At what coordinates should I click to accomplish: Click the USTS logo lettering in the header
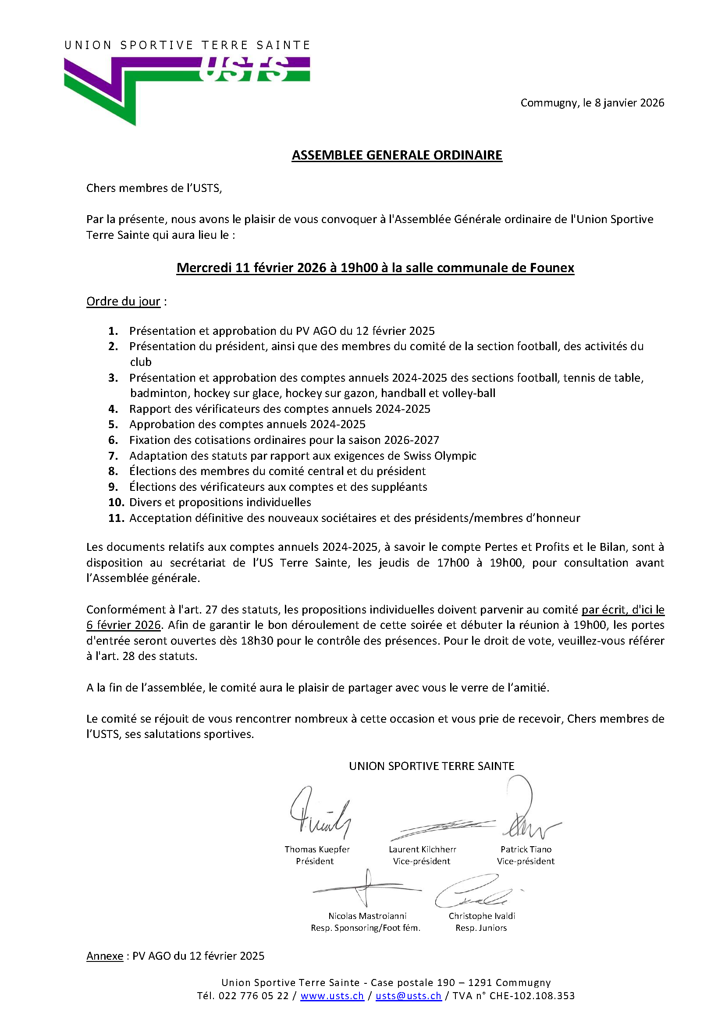243,70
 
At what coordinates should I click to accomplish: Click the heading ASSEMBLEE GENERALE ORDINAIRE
396,156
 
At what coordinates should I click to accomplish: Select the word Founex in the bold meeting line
552,268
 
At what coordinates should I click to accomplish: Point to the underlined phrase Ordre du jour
123,302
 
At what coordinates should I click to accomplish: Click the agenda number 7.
114,456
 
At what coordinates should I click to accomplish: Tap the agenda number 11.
116,518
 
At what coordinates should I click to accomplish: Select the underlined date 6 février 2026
123,625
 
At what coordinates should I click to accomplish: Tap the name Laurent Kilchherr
422,850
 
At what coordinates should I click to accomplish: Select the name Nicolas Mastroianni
367,916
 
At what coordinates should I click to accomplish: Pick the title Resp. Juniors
481,928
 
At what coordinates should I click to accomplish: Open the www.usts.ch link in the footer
332,996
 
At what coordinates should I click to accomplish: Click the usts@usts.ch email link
408,996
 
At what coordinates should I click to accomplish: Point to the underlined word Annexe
104,956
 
